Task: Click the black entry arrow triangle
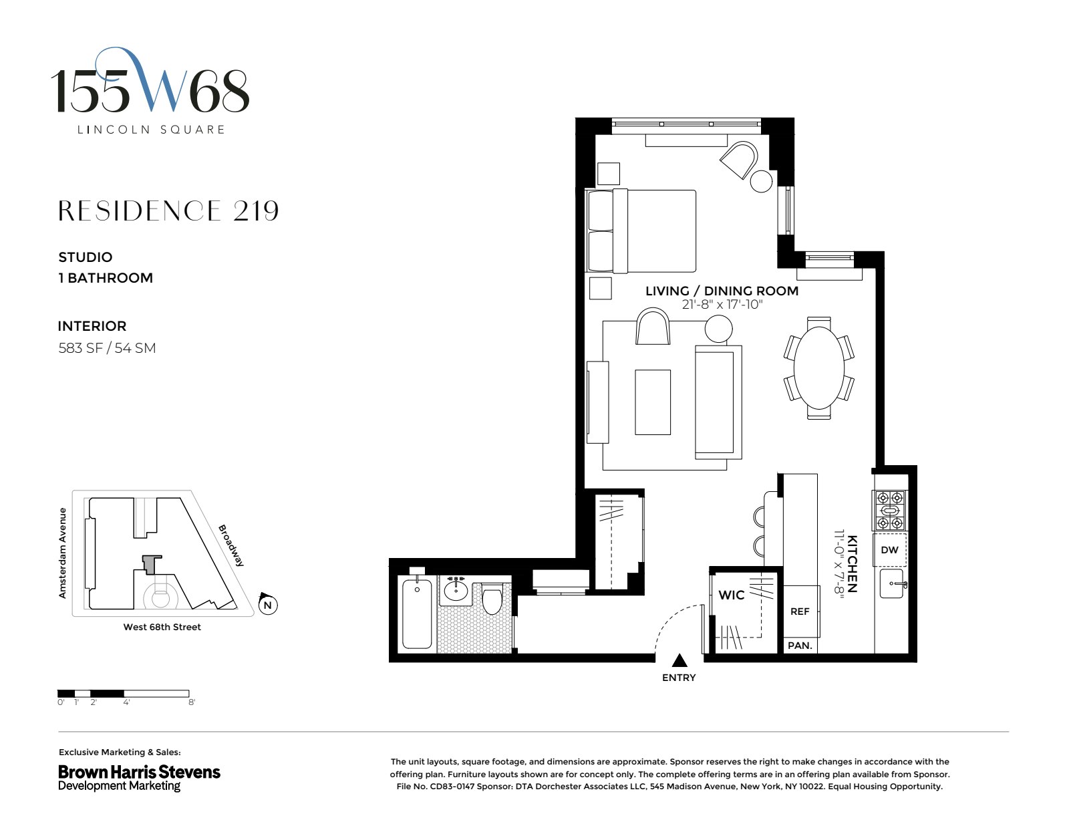click(x=679, y=661)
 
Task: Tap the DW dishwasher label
click(x=889, y=550)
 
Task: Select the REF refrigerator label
click(x=800, y=611)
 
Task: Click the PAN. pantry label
click(x=800, y=646)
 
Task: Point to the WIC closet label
click(x=731, y=595)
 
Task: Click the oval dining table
click(x=818, y=368)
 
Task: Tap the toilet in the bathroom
click(x=492, y=599)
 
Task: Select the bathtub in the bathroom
click(x=417, y=613)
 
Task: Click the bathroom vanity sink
click(x=456, y=589)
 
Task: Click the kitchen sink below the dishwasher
click(x=893, y=584)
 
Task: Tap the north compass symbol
click(x=267, y=605)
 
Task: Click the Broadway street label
click(x=232, y=545)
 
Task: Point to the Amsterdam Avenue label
click(x=63, y=553)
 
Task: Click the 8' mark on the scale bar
click(x=191, y=702)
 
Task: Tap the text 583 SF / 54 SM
click(x=107, y=348)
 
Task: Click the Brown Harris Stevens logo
click(x=139, y=777)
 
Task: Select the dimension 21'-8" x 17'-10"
click(x=722, y=305)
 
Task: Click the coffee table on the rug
click(x=652, y=402)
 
